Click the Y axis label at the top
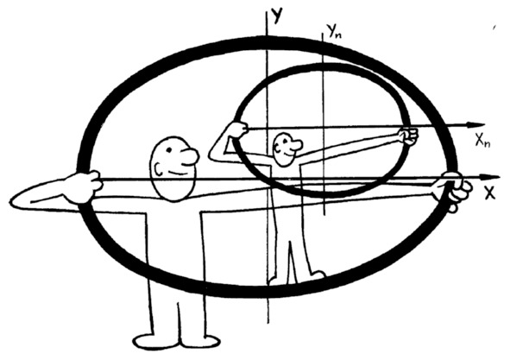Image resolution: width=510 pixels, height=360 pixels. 276,16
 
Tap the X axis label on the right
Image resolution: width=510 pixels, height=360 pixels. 489,193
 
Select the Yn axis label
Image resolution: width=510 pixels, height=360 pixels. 335,32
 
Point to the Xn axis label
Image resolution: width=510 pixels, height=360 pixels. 482,141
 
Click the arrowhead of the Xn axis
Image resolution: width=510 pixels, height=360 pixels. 475,125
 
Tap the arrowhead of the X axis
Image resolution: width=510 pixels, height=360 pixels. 490,177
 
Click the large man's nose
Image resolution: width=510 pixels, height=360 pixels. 192,157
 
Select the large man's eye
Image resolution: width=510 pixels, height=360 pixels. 169,149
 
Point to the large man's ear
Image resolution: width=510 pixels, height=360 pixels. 159,168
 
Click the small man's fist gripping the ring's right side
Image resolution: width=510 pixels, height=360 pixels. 408,136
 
